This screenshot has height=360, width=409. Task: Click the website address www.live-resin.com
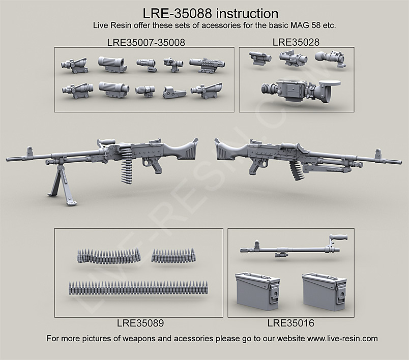pyautogui.click(x=335, y=338)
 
